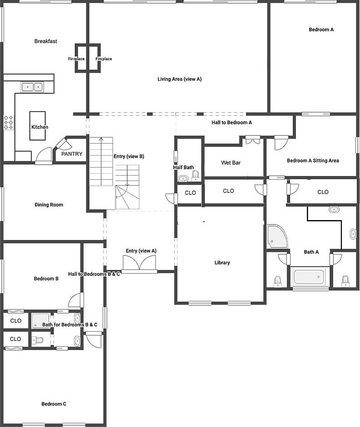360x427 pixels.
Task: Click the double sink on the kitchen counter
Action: (32, 86)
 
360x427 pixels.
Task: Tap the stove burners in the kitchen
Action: (9, 123)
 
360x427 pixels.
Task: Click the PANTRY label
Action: (72, 154)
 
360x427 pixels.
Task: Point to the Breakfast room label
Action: (46, 41)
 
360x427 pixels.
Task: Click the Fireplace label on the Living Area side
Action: (104, 59)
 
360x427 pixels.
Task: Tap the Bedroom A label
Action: (321, 30)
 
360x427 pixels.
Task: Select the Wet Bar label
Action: (231, 163)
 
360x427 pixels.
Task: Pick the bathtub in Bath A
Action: (311, 277)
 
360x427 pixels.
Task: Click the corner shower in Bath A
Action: (276, 237)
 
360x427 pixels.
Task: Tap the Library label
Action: (222, 263)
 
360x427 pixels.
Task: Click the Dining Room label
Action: (49, 205)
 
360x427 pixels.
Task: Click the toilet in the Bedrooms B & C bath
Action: (39, 340)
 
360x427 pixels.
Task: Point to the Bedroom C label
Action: (54, 404)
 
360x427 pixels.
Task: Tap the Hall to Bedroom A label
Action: (232, 123)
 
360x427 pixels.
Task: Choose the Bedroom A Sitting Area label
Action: (313, 161)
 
